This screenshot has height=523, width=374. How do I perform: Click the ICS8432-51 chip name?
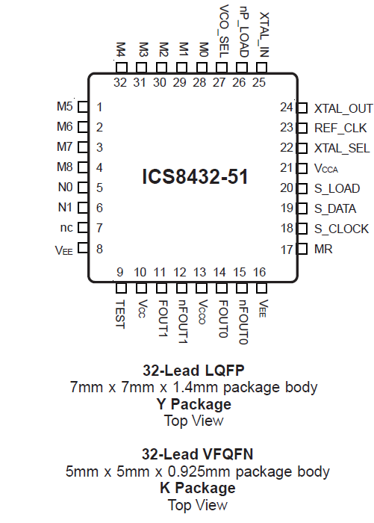pos(195,177)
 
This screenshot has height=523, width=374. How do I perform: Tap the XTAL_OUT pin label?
pos(343,108)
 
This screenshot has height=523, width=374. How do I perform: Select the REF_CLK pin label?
pos(340,128)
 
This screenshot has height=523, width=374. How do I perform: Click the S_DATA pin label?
pos(335,208)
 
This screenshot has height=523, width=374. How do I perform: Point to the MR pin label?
pos(322,249)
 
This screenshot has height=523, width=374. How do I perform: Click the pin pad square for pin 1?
pos(83,108)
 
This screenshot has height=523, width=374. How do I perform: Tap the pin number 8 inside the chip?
pos(99,249)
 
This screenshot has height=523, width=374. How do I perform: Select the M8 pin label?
pos(65,168)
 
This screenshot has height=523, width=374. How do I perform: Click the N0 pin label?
pos(66,188)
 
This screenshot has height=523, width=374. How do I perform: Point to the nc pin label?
pos(66,229)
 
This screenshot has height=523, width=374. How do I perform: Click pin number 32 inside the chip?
pos(121,82)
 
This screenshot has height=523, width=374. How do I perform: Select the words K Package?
pos(197,488)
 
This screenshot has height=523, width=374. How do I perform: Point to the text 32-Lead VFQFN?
pos(197,454)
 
